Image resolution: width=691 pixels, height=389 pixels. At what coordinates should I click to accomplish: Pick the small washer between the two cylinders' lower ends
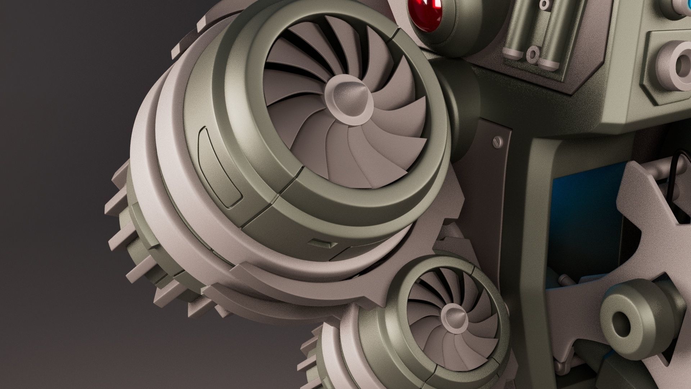pos(532,54)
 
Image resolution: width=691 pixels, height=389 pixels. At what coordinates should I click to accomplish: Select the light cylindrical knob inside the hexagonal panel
pos(677,65)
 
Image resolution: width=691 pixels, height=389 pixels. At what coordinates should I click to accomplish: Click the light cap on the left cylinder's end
pos(515,54)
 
